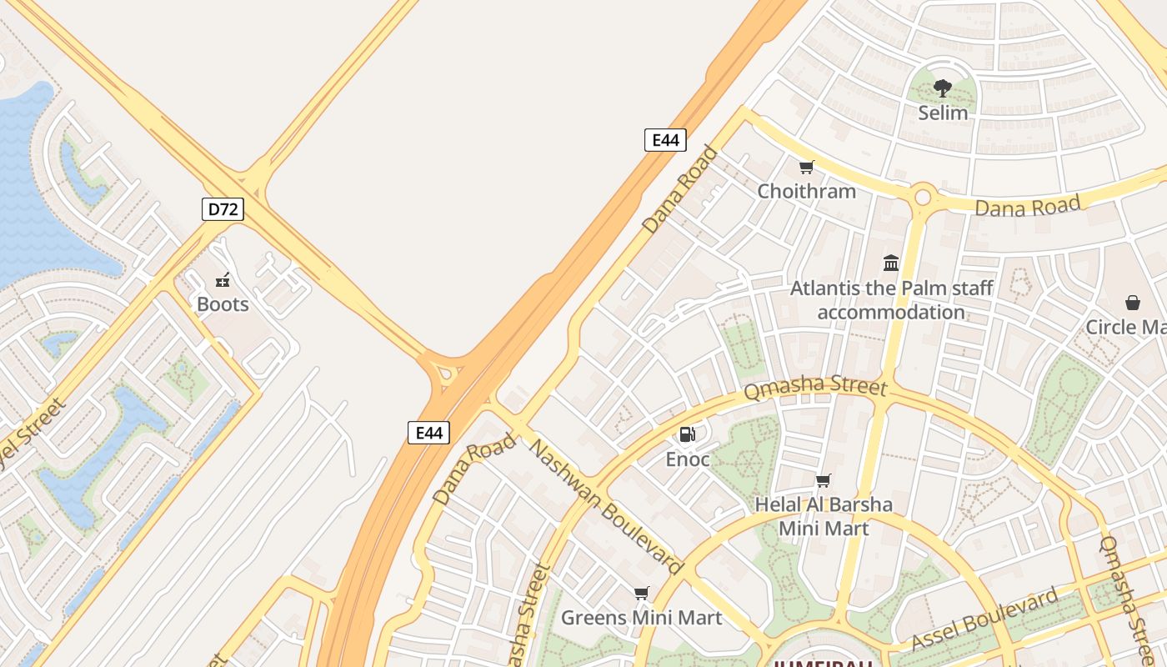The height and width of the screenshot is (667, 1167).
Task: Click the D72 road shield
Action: click(x=223, y=209)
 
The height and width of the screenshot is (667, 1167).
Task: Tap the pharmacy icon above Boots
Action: click(x=223, y=280)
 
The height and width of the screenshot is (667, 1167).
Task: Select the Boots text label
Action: click(x=223, y=304)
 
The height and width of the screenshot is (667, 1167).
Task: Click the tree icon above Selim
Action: click(x=943, y=88)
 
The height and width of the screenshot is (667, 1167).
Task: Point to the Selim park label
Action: click(x=943, y=113)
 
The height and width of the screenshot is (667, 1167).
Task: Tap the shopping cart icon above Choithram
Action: click(x=806, y=168)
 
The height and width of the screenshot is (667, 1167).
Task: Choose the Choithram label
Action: click(x=806, y=191)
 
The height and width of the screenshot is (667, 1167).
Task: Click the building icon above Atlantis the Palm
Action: click(x=891, y=263)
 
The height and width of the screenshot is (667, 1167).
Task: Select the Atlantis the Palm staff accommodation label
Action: click(x=891, y=300)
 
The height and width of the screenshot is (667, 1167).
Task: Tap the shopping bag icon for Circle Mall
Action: click(x=1133, y=302)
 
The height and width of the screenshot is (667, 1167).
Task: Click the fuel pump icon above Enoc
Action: click(x=688, y=434)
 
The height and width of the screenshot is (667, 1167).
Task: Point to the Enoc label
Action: click(x=688, y=459)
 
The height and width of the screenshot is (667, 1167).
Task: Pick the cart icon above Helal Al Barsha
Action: click(x=824, y=480)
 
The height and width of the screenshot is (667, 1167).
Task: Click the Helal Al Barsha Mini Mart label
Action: click(x=824, y=516)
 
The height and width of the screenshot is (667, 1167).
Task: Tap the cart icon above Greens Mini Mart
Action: click(x=641, y=594)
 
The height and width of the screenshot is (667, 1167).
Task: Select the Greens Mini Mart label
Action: click(x=641, y=618)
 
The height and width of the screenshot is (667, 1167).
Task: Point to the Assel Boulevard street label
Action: click(x=984, y=619)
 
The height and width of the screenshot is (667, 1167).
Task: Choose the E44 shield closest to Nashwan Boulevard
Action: click(x=428, y=432)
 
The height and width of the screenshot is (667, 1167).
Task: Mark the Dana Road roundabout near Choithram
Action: click(x=923, y=198)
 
